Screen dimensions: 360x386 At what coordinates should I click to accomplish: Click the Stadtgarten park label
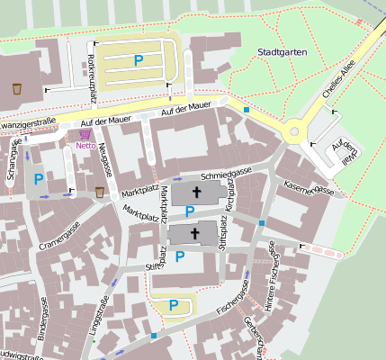pos(282,52)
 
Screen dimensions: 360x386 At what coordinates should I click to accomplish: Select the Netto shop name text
pos(86,145)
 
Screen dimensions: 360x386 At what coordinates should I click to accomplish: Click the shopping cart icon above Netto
pos(85,133)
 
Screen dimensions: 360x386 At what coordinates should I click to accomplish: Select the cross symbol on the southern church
pos(194,233)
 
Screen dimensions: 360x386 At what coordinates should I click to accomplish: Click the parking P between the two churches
pos(189,211)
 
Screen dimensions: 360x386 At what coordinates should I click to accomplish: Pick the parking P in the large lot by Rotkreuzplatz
pos(138,59)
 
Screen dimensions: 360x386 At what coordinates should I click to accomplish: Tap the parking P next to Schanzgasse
pos(38,179)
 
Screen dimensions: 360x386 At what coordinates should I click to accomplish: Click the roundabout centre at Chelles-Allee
pos(293,133)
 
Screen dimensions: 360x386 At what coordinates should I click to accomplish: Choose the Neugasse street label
pos(106,158)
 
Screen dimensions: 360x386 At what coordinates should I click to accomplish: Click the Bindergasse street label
pos(43,317)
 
